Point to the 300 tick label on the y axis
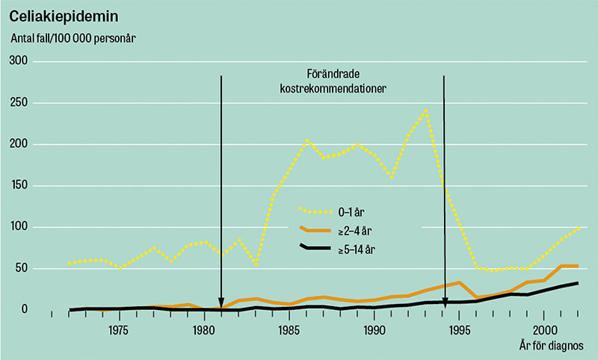point(18,62)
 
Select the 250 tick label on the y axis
point(18,103)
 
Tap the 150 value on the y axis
point(18,186)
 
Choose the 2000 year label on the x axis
point(545,329)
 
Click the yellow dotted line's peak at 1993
point(425,111)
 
